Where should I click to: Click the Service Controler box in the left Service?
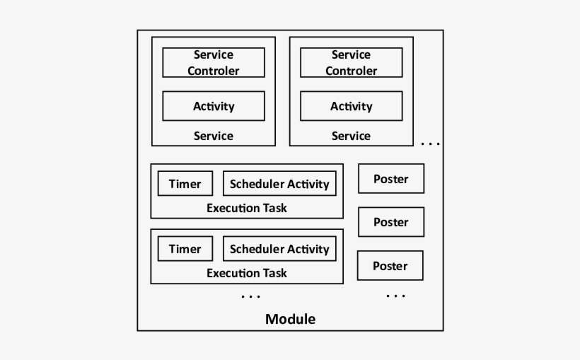coord(214,62)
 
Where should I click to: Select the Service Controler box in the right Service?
coord(352,62)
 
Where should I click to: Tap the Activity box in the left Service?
coord(214,106)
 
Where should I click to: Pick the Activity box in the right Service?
coord(352,106)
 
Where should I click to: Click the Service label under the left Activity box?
coord(214,136)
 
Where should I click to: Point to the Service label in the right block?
coord(352,136)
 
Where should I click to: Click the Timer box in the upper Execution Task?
coord(185,184)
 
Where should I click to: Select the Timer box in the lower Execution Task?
coord(185,249)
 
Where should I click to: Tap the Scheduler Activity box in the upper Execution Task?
coord(279,184)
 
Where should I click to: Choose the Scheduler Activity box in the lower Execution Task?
coord(279,249)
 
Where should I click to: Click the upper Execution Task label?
coord(247,208)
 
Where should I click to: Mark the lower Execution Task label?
coord(247,273)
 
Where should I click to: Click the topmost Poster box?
coord(391,179)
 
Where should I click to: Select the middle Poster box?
coord(391,222)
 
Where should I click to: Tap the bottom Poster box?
coord(390,266)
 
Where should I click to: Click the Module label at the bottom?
coord(290,319)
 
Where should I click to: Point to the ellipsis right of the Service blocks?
coord(430,144)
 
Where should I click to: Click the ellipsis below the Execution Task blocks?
coord(251,296)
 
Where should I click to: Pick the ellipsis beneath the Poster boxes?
coord(396,296)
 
